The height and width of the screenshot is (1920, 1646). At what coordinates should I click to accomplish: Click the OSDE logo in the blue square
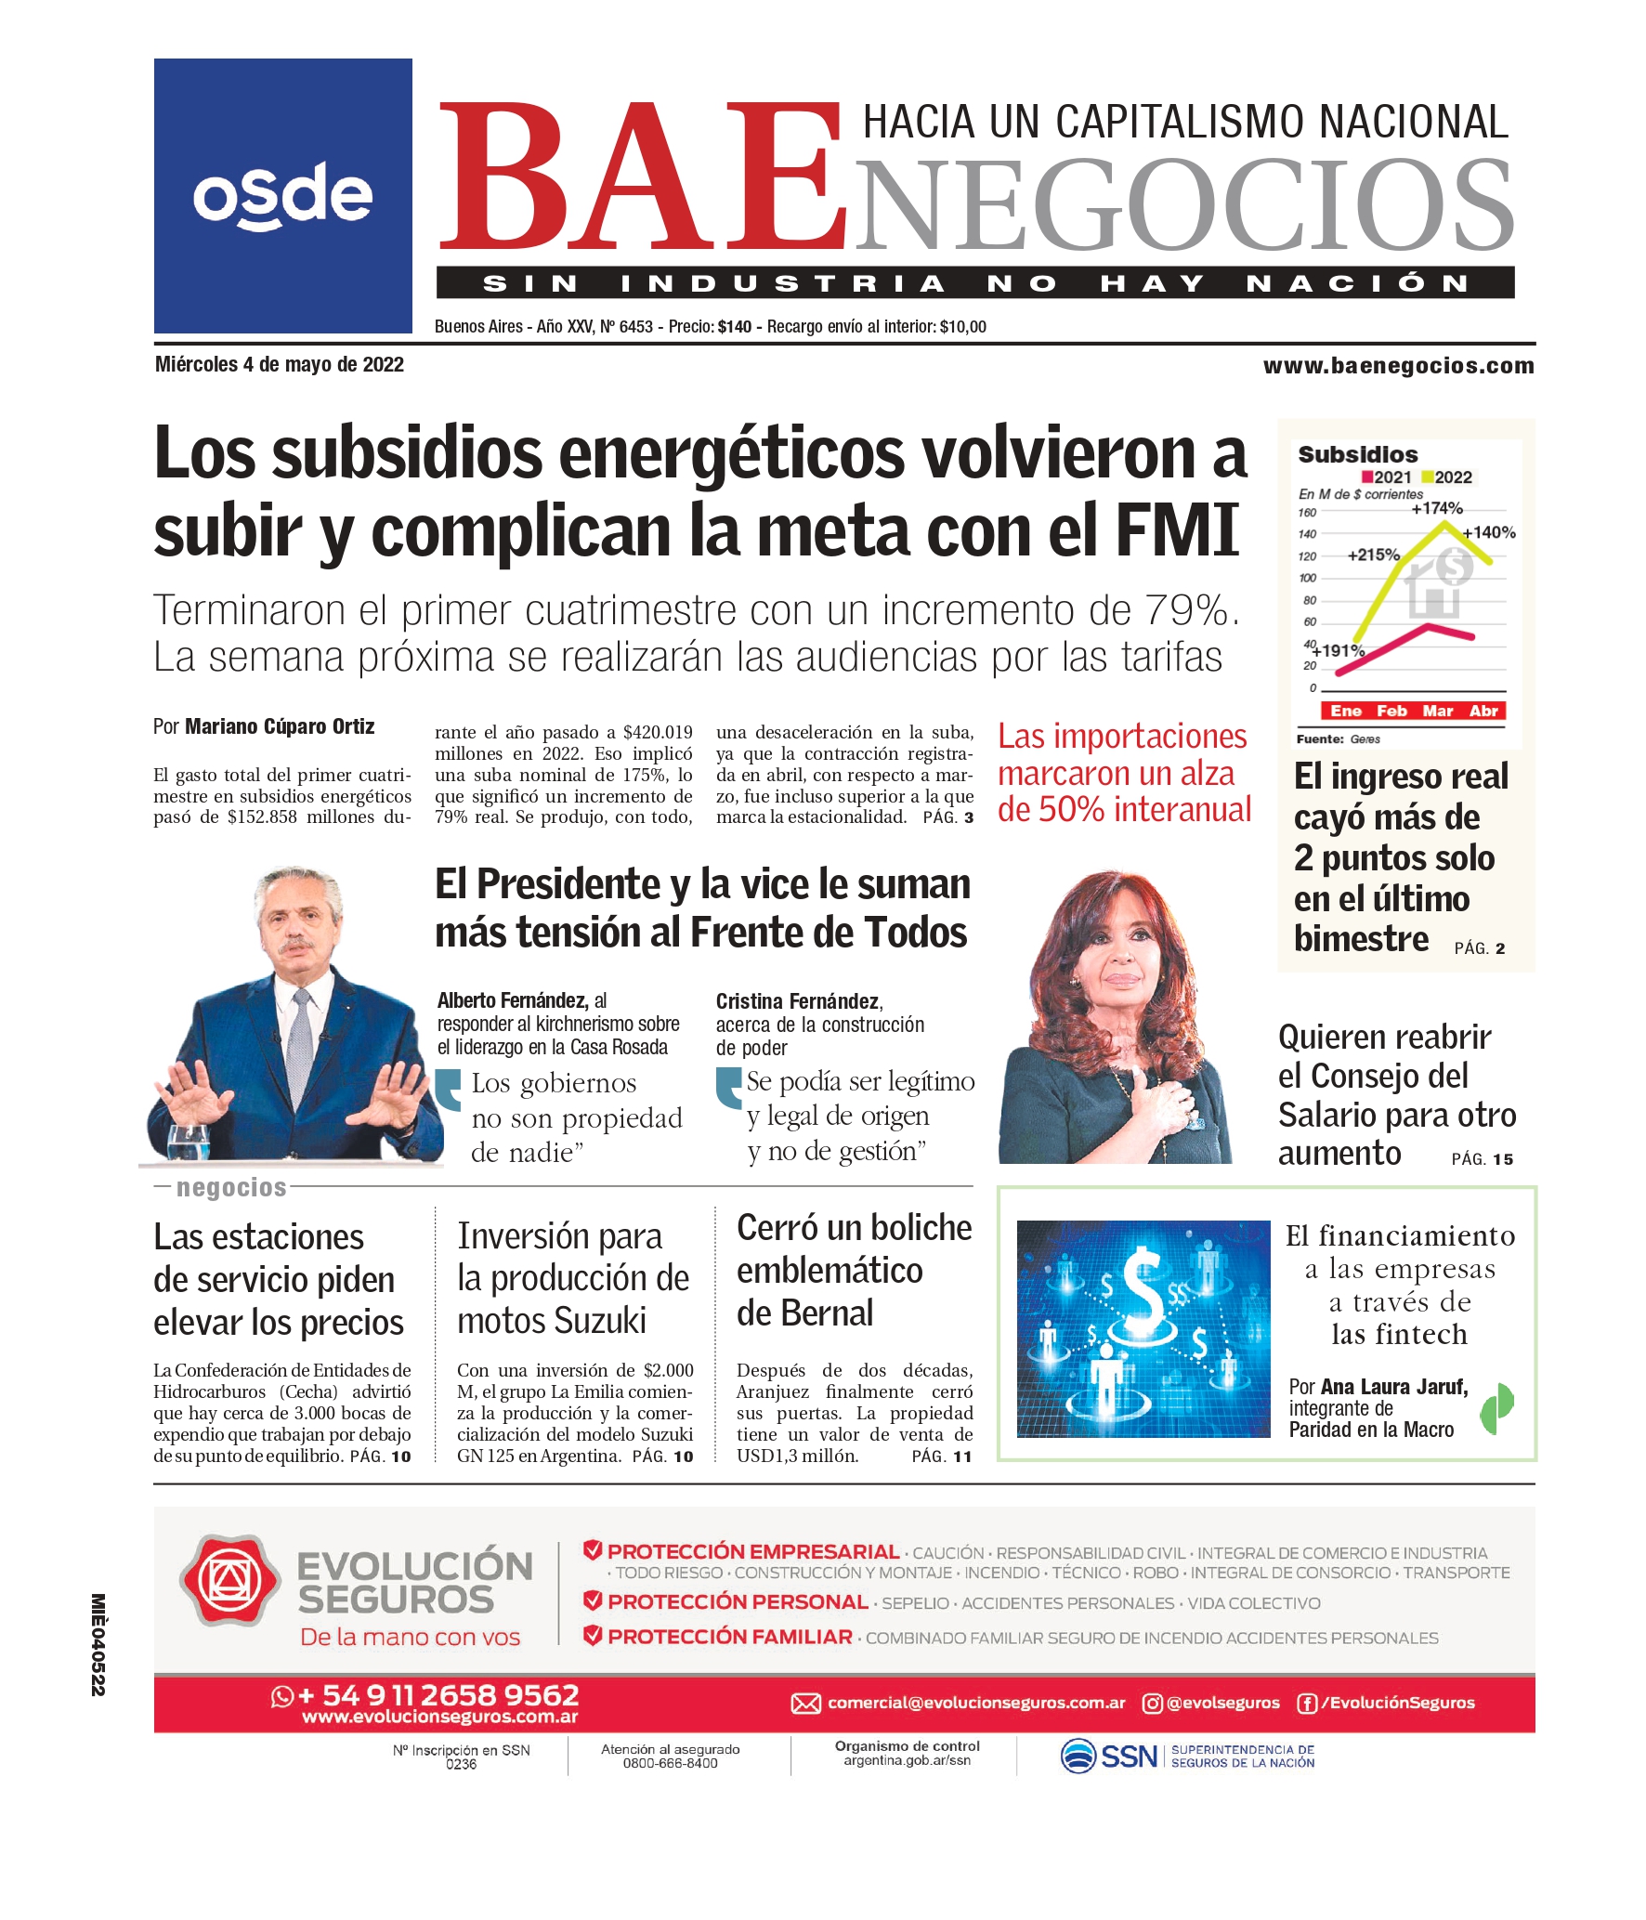282,196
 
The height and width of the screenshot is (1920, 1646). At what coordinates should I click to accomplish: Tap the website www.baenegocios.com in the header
1398,366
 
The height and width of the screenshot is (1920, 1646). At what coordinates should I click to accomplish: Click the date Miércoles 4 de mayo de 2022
280,365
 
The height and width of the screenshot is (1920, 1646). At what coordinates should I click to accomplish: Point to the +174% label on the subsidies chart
1436,508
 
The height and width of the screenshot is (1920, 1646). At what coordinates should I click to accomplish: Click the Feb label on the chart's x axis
1391,711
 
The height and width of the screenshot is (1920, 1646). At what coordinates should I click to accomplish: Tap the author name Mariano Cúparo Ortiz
280,726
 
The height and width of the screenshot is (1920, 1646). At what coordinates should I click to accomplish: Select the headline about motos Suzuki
572,1278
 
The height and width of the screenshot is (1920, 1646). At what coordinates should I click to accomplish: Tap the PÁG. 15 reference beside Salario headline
1482,1159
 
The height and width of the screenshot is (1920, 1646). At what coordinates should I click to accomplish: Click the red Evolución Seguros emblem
229,1581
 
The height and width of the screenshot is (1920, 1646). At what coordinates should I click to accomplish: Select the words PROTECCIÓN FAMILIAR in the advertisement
729,1637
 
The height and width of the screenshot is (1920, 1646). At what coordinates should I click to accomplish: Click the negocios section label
231,1187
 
